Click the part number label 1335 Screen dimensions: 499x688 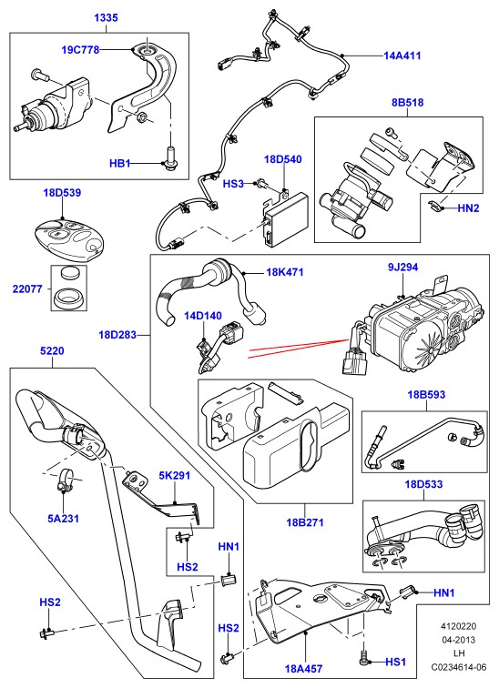click(x=107, y=17)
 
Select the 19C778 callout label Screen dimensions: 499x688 click(x=80, y=49)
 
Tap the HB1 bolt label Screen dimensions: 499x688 click(x=120, y=164)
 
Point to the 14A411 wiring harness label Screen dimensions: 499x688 click(x=402, y=56)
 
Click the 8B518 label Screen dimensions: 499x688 click(x=407, y=102)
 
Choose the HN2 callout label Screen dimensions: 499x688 click(x=468, y=208)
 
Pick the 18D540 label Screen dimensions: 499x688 click(x=282, y=159)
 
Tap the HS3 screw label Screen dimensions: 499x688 click(x=233, y=184)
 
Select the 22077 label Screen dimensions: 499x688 click(x=27, y=288)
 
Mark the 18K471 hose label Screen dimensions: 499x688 click(x=285, y=272)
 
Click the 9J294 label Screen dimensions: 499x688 click(x=402, y=267)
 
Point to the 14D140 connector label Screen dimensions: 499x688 click(x=203, y=316)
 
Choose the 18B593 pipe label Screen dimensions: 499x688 click(x=426, y=394)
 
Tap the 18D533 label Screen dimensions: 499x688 click(x=423, y=484)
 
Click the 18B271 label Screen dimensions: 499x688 click(x=305, y=522)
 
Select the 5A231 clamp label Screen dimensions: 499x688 click(x=63, y=518)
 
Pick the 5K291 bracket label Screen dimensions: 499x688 click(x=174, y=476)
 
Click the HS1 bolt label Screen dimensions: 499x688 click(x=396, y=662)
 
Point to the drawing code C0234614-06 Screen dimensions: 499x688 click(x=459, y=667)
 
